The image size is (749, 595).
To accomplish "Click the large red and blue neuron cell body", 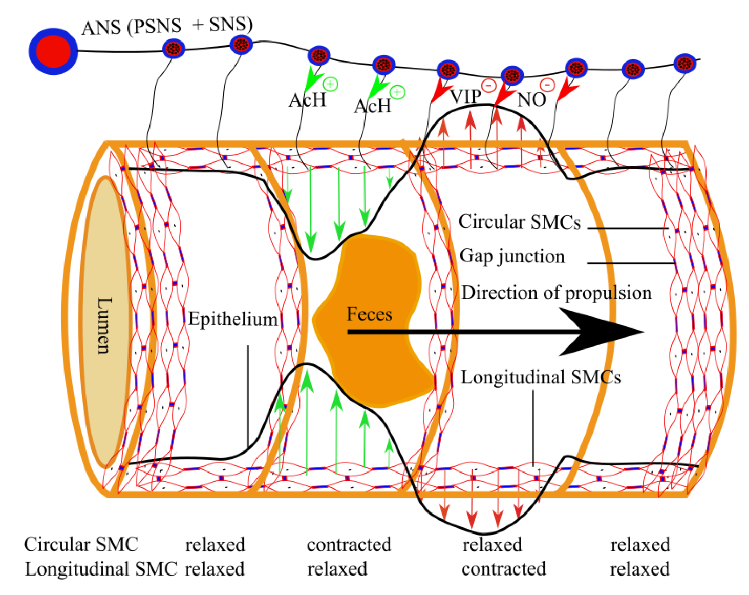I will click(x=53, y=52).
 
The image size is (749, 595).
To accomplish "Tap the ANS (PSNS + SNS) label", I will click(x=167, y=26).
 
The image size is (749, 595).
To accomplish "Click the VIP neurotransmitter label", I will click(x=465, y=96).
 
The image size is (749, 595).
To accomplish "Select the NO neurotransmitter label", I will click(x=531, y=99).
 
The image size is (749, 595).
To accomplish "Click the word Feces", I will click(x=369, y=314).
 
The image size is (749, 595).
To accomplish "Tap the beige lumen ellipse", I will click(x=104, y=323).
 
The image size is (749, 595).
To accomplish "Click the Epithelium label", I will click(x=232, y=319).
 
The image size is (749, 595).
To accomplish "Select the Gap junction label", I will click(x=512, y=256).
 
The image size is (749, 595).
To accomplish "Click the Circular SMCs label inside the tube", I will click(x=519, y=221).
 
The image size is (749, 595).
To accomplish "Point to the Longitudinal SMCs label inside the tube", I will click(x=541, y=377).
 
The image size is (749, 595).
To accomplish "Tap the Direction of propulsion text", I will click(x=557, y=293).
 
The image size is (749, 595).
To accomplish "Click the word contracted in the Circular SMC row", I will click(x=349, y=544).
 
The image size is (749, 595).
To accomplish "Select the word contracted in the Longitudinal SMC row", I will click(x=503, y=569).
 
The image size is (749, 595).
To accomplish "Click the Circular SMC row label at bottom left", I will click(x=81, y=544).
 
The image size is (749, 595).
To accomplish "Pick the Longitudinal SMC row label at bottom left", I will click(x=101, y=569).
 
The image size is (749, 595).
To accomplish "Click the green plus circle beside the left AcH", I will click(x=331, y=84).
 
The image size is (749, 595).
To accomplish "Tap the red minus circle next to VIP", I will click(x=488, y=85).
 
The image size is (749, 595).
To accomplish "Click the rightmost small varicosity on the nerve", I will click(x=684, y=64).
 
